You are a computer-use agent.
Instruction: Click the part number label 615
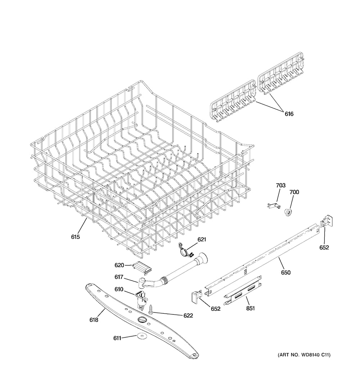pyautogui.click(x=75, y=237)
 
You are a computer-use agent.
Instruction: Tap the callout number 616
pyautogui.click(x=289, y=114)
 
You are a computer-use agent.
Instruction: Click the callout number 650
pyautogui.click(x=285, y=272)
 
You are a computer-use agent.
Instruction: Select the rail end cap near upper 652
pyautogui.click(x=327, y=221)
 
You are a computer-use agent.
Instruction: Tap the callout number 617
pyautogui.click(x=119, y=277)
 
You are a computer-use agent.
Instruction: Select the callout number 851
pyautogui.click(x=251, y=308)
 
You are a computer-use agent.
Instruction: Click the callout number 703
pyautogui.click(x=280, y=185)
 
